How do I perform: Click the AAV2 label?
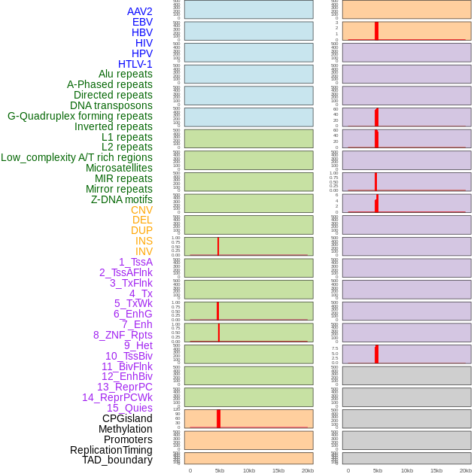coord(140,11)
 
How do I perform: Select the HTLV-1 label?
coord(135,64)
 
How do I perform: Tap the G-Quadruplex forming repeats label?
coord(80,116)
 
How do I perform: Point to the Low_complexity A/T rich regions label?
coord(77,157)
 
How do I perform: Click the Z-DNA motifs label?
coord(122,199)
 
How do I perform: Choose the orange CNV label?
coord(141,210)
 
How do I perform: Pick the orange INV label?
coord(144,251)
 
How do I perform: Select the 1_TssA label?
coord(135,262)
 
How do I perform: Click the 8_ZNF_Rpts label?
coord(123,335)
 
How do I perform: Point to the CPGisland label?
coord(127,418)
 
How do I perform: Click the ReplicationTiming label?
coord(111,450)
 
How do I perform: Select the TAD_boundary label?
coord(117,460)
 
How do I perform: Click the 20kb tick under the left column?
coord(307,470)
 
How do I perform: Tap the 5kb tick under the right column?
coord(378,470)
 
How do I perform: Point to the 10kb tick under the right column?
coord(407,470)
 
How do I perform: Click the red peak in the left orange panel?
coord(218,418)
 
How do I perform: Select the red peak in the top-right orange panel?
coord(376,31)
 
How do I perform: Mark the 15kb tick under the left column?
coord(278,470)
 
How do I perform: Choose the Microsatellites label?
coord(119,168)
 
